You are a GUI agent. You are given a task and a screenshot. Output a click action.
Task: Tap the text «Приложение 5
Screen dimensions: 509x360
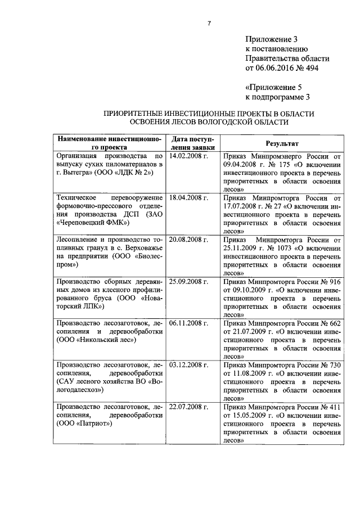pyautogui.click(x=274, y=87)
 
